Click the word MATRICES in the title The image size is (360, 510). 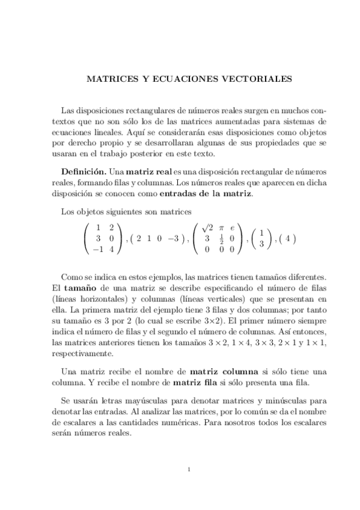108,78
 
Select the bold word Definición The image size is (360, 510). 84,172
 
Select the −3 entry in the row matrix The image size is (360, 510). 174,238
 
